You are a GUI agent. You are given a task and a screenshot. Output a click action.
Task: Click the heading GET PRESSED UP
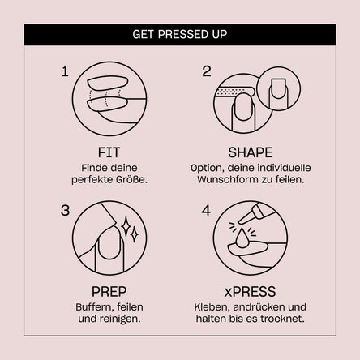tap(180, 34)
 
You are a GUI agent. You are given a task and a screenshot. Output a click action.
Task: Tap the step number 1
tap(65, 71)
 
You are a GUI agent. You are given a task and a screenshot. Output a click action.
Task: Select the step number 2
tap(207, 71)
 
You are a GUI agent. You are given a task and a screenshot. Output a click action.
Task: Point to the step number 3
tap(65, 211)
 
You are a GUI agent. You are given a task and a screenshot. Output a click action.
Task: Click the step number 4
tap(206, 211)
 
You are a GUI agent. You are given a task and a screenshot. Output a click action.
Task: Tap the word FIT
tap(109, 152)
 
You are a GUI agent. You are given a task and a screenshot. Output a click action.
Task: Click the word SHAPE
tap(251, 152)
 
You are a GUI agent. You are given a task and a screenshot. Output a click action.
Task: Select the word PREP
tap(109, 292)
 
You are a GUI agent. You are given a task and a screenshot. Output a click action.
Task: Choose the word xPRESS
tap(250, 292)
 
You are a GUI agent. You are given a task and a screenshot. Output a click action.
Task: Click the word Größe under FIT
tap(132, 179)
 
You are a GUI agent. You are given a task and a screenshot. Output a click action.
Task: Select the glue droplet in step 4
tap(242, 238)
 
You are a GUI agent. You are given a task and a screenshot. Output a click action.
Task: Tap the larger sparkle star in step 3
tap(126, 226)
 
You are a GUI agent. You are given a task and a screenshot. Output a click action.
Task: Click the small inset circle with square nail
tap(278, 89)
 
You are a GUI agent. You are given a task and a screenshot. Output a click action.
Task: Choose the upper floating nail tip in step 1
tap(108, 83)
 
